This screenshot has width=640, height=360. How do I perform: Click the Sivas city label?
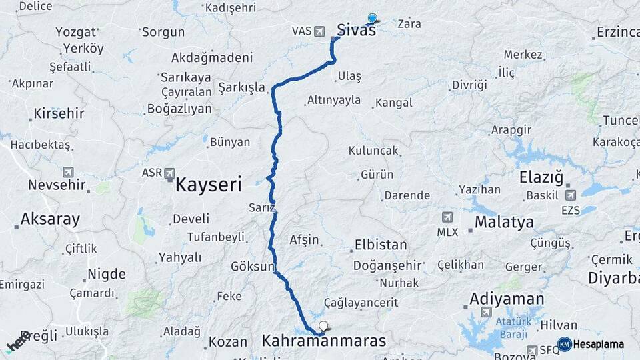click(x=356, y=30)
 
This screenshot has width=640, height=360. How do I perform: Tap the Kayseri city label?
click(x=208, y=185)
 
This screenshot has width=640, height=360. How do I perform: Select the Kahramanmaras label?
click(x=324, y=341)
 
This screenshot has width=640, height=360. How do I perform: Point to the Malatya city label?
click(x=504, y=222)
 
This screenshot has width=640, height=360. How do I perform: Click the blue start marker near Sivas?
click(x=372, y=19)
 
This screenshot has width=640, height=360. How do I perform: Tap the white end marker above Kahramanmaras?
click(x=324, y=326)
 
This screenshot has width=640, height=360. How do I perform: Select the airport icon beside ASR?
click(x=169, y=173)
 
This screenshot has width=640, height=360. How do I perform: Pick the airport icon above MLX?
click(x=447, y=217)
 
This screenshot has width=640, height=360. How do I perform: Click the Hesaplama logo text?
click(x=598, y=345)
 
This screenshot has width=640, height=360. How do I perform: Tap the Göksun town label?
click(x=253, y=267)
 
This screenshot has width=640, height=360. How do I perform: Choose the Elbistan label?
click(x=381, y=245)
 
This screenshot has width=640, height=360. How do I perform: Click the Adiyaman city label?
click(x=507, y=299)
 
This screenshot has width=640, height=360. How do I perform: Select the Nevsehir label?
click(x=58, y=185)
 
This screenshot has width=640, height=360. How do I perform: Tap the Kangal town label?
click(x=393, y=103)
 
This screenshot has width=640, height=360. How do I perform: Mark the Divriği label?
click(x=469, y=85)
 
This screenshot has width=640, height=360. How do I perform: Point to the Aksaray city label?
click(x=50, y=219)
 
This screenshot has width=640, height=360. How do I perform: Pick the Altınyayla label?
click(x=333, y=100)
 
